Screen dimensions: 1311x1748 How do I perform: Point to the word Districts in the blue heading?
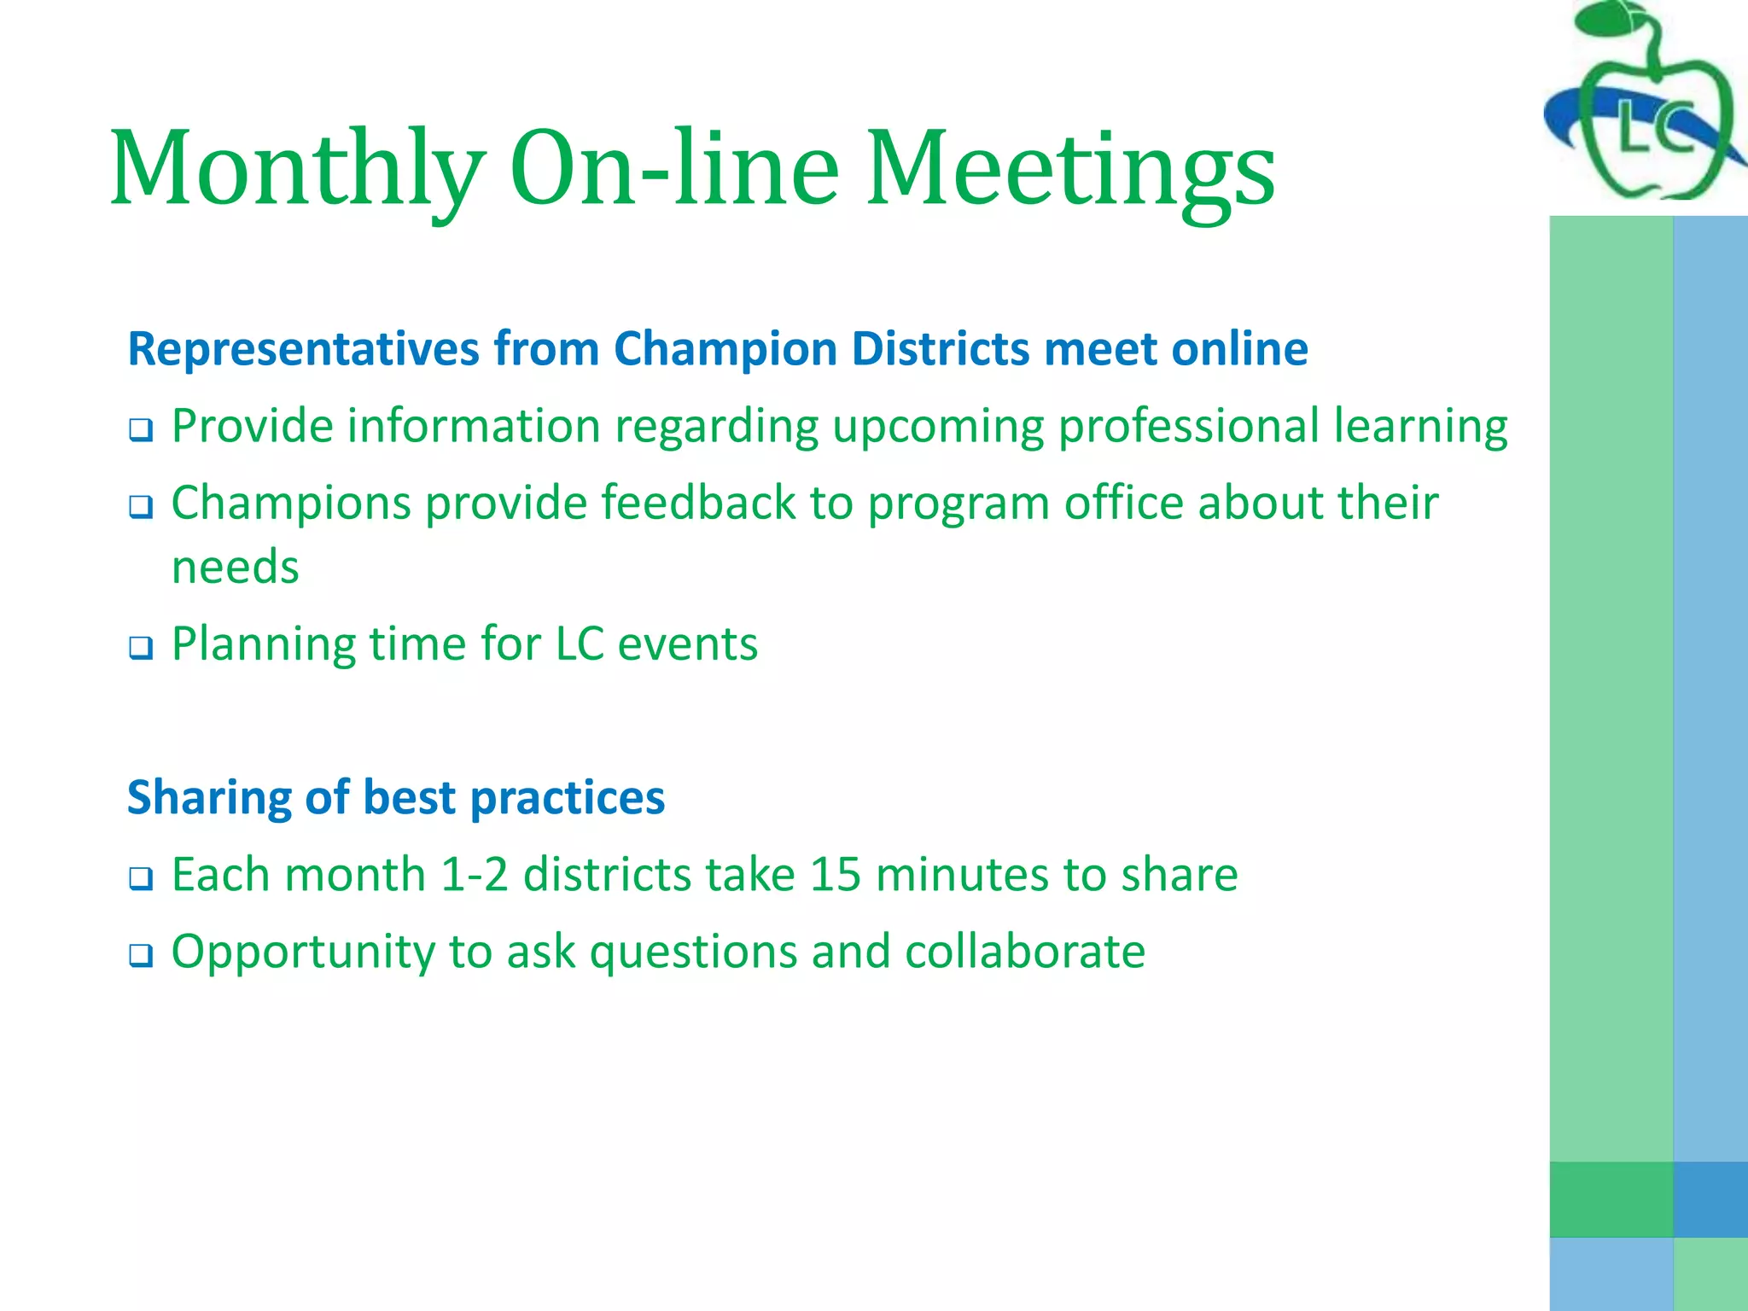(x=940, y=348)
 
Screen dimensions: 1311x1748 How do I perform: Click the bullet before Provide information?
(x=141, y=429)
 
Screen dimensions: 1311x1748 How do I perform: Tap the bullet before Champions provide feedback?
(x=141, y=506)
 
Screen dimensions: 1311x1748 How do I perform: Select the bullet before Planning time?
(x=141, y=647)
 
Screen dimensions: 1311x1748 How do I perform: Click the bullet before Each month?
(x=141, y=877)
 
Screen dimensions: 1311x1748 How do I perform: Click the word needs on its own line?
(x=236, y=568)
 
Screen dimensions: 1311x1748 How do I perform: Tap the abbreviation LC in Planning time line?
(x=580, y=644)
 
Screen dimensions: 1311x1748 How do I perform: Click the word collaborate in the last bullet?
(x=1024, y=952)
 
